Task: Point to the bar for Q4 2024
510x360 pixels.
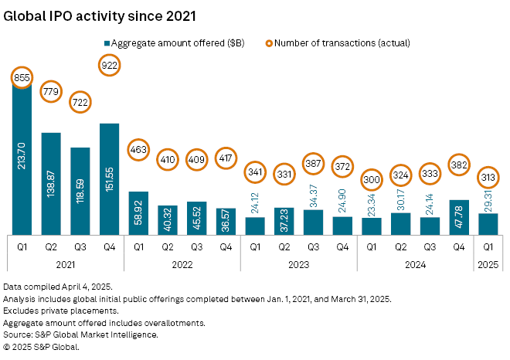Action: pos(458,217)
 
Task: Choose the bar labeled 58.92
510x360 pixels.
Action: pos(138,212)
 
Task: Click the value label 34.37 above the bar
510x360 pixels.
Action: pos(313,195)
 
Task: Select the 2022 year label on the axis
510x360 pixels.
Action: pos(182,263)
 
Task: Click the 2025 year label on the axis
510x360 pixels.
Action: pos(488,263)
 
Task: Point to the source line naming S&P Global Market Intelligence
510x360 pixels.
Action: pos(81,334)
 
